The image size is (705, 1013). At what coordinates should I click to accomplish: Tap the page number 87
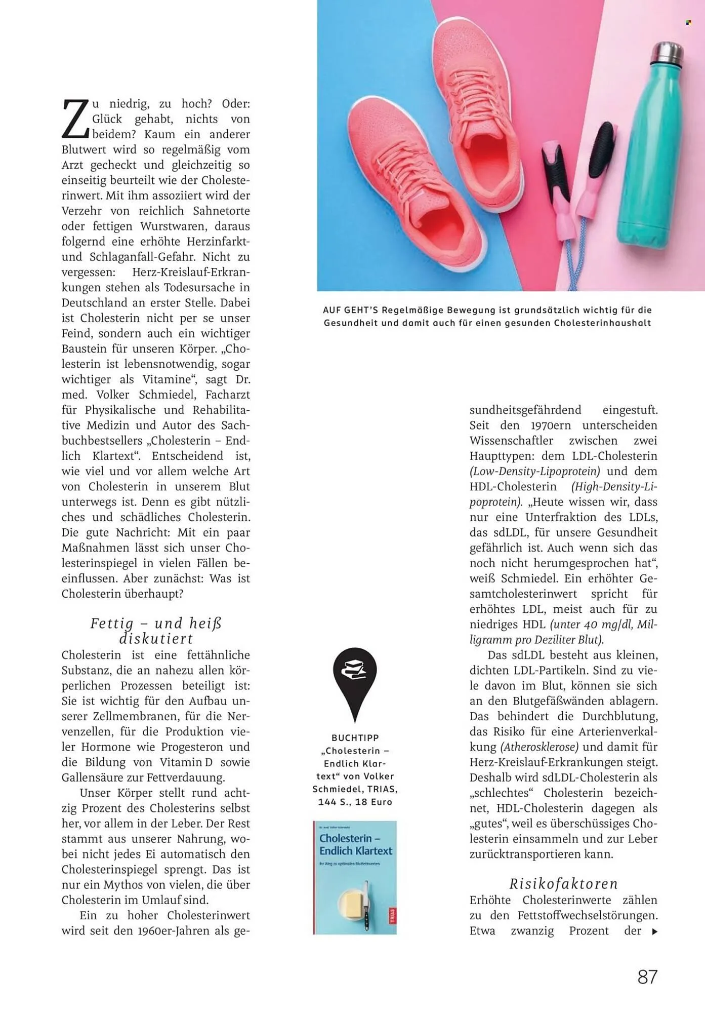click(647, 977)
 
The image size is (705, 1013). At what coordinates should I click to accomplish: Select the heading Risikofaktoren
click(563, 884)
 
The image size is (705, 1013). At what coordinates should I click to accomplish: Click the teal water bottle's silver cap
click(667, 56)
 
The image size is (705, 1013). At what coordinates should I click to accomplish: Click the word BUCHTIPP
click(355, 738)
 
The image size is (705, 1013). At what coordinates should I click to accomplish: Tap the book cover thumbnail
click(355, 877)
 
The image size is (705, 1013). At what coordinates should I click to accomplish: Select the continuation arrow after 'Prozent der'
click(654, 931)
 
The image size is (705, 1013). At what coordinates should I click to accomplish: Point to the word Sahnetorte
click(221, 211)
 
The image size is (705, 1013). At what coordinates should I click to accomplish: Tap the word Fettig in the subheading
click(112, 624)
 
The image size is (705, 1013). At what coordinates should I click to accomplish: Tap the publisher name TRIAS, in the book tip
click(383, 789)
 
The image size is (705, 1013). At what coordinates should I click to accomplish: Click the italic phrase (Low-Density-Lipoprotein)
click(534, 472)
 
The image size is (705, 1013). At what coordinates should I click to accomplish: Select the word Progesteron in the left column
click(192, 747)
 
